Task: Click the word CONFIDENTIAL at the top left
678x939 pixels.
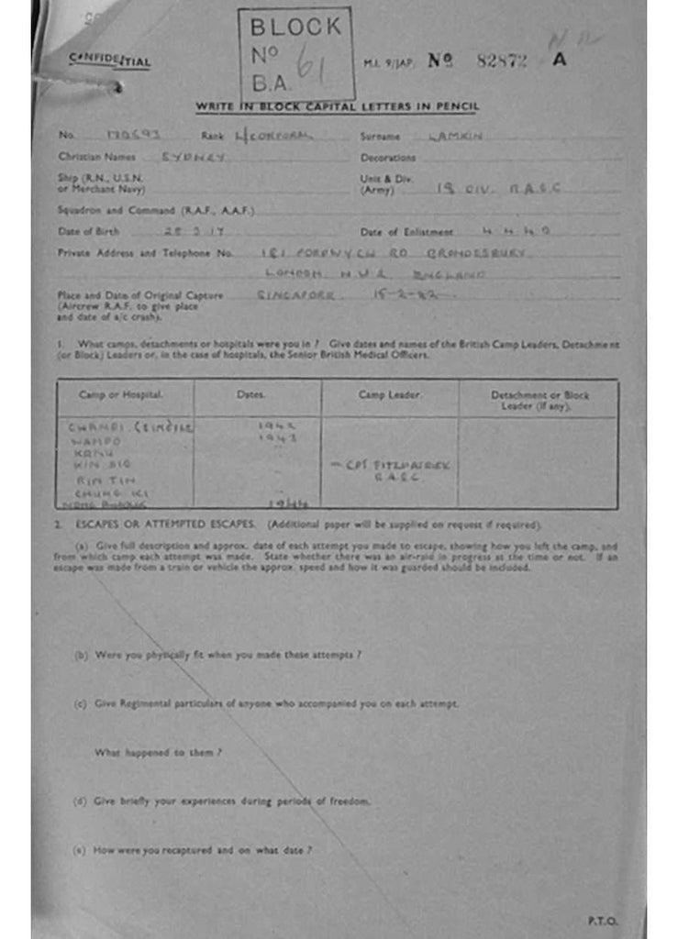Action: coord(109,61)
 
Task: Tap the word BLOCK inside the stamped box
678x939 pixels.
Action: coord(295,28)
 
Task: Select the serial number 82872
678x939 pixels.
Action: coord(502,61)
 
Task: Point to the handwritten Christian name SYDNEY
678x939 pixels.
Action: coord(194,157)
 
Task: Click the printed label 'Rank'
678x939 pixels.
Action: coord(213,136)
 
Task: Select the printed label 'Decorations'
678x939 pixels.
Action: coord(388,158)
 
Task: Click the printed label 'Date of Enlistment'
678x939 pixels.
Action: coord(406,232)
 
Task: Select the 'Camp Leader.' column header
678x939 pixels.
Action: coord(389,395)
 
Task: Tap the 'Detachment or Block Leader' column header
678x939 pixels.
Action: coord(539,400)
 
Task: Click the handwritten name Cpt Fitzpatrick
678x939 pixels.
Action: coord(393,464)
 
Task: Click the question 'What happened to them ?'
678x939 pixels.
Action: coord(159,752)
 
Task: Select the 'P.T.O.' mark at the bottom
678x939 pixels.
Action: coord(603,920)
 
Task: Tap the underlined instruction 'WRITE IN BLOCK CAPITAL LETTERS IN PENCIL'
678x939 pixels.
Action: coord(337,107)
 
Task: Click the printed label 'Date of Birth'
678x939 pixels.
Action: coord(88,232)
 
